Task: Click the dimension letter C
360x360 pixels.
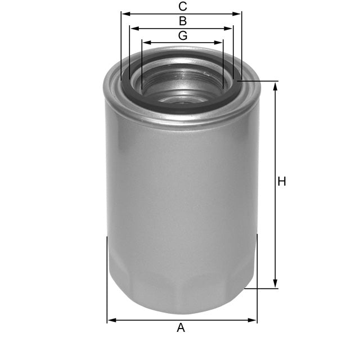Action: [182, 7]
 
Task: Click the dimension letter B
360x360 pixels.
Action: [182, 21]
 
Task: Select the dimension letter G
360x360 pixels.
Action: [182, 35]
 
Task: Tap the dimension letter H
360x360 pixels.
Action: [282, 182]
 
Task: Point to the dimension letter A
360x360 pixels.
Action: [181, 327]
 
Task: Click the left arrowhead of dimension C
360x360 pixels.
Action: [124, 13]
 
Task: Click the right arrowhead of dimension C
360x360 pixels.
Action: [238, 13]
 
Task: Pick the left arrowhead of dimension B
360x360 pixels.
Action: [133, 28]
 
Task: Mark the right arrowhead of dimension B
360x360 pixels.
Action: [229, 28]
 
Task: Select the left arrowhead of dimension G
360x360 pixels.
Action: [145, 42]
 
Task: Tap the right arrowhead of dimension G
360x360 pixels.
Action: [220, 42]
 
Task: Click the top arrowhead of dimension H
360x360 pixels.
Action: [275, 85]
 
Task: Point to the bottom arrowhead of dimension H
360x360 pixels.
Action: [275, 285]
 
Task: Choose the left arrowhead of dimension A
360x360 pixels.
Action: [111, 320]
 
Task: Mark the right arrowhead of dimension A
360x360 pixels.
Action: [253, 320]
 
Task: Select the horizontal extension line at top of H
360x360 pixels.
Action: [259, 82]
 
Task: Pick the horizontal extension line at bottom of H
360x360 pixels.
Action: [262, 289]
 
